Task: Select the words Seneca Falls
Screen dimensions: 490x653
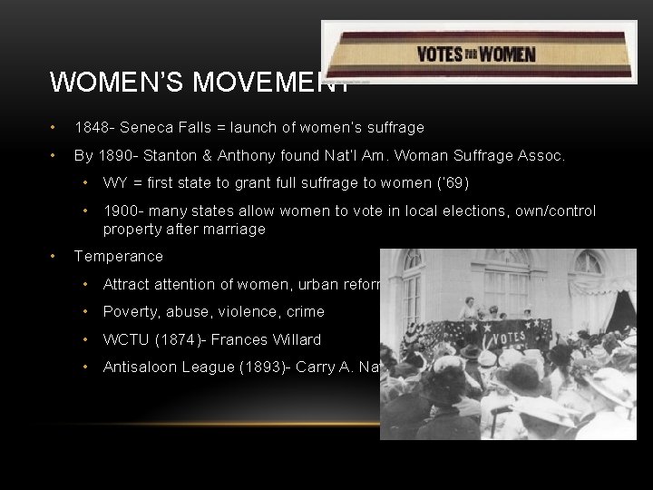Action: coord(160,128)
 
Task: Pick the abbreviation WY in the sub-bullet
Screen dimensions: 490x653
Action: coord(115,183)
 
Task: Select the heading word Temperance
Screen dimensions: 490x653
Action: coord(119,257)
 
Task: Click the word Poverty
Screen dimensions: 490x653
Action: coord(132,312)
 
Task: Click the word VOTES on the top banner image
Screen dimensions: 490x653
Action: coord(439,54)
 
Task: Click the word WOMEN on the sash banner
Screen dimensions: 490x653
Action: coord(509,54)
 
